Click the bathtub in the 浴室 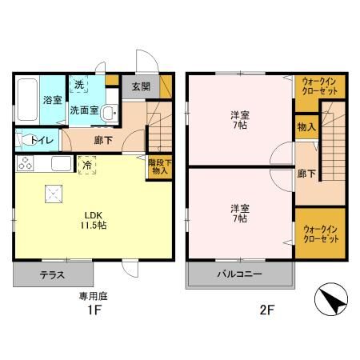pos(27,99)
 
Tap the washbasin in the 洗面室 pos(110,114)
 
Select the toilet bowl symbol pos(26,140)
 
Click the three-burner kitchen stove pos(25,163)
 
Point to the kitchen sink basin pos(62,163)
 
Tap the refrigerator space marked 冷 pos(87,166)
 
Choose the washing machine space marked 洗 pos(79,85)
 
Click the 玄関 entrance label pos(141,86)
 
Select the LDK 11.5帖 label pos(94,221)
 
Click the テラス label pos(52,275)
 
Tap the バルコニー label pos(240,274)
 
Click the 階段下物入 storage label pos(160,167)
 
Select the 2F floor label pos(267,310)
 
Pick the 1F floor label pos(94,310)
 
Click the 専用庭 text pos(93,296)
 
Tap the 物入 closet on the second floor pos(306,127)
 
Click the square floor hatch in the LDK pos(54,194)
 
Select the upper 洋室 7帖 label pos(240,120)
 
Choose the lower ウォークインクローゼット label pos(321,234)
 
